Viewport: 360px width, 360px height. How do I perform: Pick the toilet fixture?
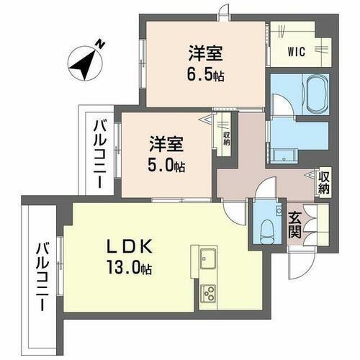click(x=268, y=229)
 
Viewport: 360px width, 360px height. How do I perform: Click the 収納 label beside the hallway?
click(x=324, y=183)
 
